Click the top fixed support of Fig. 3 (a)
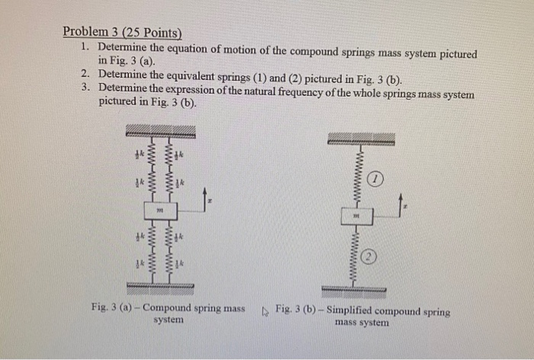coord(159,130)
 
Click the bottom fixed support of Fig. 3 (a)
coord(159,286)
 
